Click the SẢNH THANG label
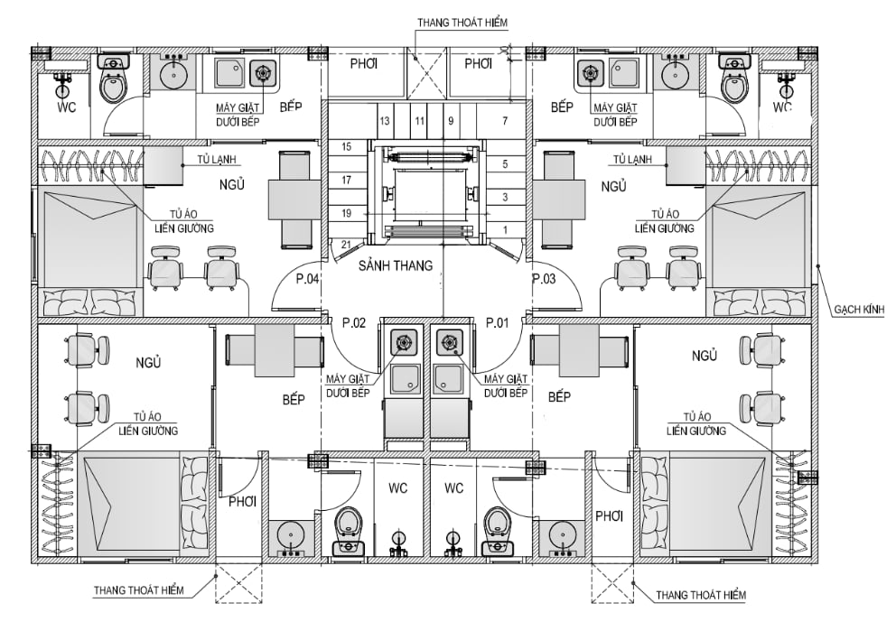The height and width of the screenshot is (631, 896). point(396,265)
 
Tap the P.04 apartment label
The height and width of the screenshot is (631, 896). point(307,279)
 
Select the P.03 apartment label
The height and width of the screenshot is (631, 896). point(544,279)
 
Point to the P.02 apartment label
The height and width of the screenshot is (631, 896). point(354,322)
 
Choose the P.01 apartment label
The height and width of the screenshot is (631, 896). point(497,322)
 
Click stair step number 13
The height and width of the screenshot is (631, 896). point(385,121)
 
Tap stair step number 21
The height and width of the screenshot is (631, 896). point(346,245)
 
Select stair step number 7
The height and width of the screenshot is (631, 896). point(505,121)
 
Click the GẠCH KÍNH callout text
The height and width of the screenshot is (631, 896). point(859,310)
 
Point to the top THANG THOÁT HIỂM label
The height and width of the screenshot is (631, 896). point(462,23)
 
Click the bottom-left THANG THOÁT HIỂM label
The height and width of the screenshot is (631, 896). point(139,589)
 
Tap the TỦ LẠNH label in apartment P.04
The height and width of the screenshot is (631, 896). point(217,160)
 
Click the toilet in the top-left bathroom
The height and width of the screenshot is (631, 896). point(113,80)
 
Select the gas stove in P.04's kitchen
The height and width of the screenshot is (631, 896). point(263,72)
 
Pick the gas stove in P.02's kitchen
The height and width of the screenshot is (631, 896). point(405,342)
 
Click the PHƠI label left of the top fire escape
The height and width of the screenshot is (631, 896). point(363,64)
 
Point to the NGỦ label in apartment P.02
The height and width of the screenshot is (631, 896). point(148,363)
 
